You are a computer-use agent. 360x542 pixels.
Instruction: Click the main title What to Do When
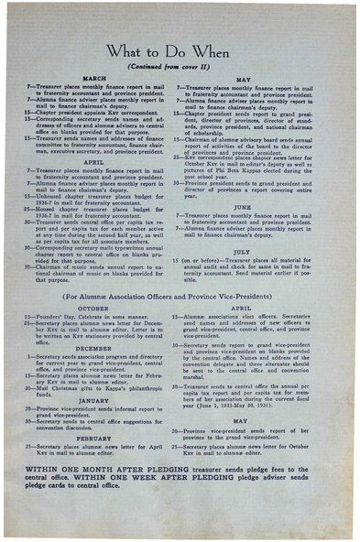point(180,53)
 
